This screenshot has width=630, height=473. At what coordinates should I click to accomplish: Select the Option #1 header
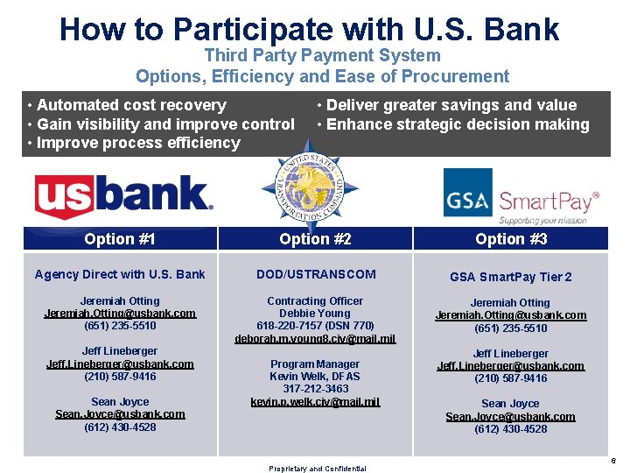(120, 238)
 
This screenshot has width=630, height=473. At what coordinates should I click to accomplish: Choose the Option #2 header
(315, 238)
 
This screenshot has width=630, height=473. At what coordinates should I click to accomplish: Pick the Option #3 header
(511, 238)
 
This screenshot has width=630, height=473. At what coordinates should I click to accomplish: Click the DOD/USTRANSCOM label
(316, 274)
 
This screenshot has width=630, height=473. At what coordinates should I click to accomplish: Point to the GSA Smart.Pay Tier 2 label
(511, 277)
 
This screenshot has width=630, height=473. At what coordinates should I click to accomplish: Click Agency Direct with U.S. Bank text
(120, 274)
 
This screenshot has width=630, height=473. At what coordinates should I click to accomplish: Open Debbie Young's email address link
(315, 338)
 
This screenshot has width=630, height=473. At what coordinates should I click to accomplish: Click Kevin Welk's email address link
(315, 401)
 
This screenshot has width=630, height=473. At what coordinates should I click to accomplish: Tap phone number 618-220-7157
(315, 326)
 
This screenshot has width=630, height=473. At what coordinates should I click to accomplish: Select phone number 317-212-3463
(315, 389)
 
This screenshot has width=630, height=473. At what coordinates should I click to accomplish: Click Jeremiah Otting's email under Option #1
(120, 313)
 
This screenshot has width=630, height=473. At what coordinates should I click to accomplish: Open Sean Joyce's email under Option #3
(511, 416)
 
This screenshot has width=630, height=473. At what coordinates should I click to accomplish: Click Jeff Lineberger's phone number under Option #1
(120, 377)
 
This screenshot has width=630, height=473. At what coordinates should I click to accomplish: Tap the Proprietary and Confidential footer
(317, 469)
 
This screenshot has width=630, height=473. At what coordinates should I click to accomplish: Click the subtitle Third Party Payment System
(322, 56)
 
